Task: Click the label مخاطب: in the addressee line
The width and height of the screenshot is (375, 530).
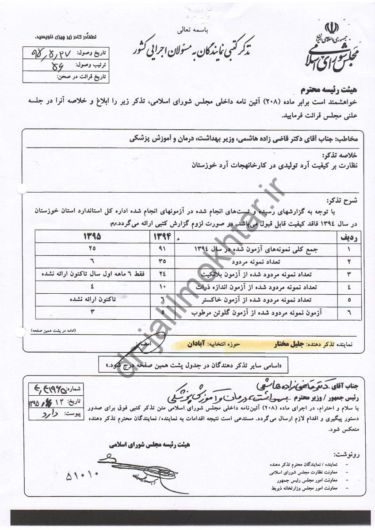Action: tap(350, 138)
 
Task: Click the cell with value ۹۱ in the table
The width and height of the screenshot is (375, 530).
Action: tap(161, 249)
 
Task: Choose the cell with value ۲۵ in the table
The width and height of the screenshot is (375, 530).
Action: tap(92, 249)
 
